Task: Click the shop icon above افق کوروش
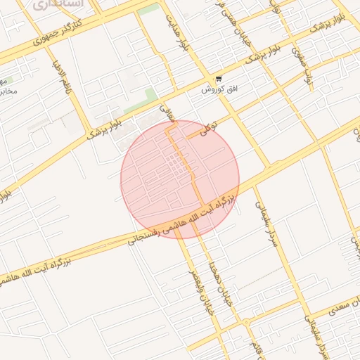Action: tap(219, 79)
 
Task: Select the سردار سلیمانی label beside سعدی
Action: tap(313, 332)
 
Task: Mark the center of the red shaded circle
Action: tap(180, 179)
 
